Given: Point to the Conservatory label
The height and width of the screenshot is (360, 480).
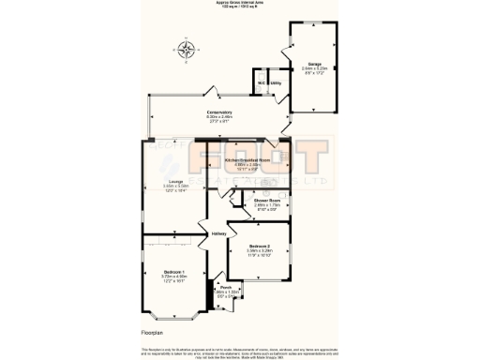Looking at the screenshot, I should (218, 112).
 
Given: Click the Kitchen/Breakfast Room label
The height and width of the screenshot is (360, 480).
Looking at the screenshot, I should (247, 160).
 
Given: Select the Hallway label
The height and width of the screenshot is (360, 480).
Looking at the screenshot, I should (218, 233).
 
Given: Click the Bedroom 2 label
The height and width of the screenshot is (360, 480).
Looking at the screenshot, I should (260, 246).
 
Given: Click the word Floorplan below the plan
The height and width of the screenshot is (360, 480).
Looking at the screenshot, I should (152, 332).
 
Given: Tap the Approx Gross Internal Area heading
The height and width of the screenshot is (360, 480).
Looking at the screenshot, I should (240, 4).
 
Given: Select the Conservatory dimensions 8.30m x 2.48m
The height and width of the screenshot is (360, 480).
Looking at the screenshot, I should (218, 117).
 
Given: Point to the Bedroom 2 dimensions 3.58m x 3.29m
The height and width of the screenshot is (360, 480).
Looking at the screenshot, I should (260, 250).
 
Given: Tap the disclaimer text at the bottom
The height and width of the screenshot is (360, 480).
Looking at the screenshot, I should (240, 352).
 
